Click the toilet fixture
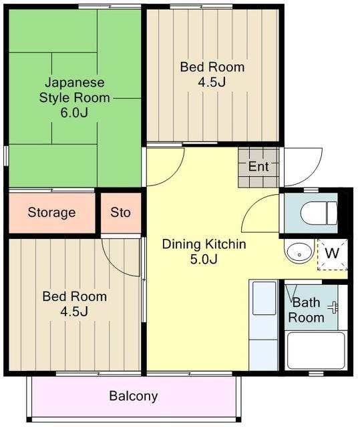pyautogui.click(x=319, y=213)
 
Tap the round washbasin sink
pyautogui.click(x=299, y=252)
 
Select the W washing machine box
pyautogui.click(x=333, y=254)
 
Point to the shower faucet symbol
pyautogui.click(x=333, y=308)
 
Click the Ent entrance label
pyautogui.click(x=258, y=166)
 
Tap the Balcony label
pyautogui.click(x=134, y=396)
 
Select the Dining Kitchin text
pyautogui.click(x=204, y=244)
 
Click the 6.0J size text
pyautogui.click(x=74, y=113)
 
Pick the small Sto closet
pyautogui.click(x=121, y=213)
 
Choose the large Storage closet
pyautogui.click(x=52, y=213)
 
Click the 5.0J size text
pyautogui.click(x=204, y=259)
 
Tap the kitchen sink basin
pyautogui.click(x=264, y=298)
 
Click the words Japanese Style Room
pyautogui.click(x=74, y=90)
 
